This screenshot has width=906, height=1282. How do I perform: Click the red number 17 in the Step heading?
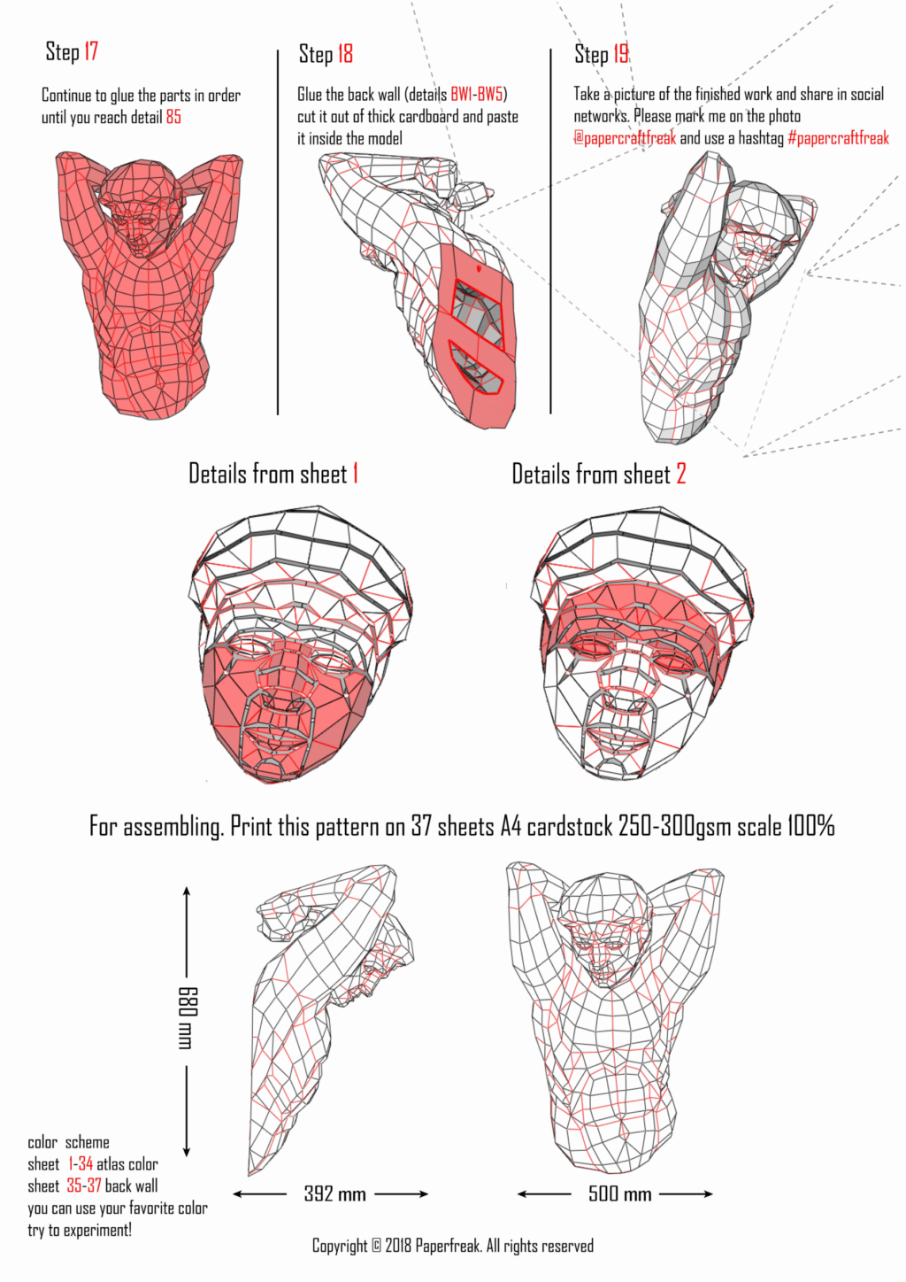(x=91, y=51)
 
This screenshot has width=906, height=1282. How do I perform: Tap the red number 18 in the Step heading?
(x=345, y=54)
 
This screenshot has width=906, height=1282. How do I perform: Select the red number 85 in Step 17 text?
(x=173, y=117)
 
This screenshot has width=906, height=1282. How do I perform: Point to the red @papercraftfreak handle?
(x=625, y=137)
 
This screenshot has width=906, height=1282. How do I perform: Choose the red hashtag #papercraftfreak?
(x=838, y=138)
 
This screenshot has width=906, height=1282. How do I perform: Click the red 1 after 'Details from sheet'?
(x=355, y=474)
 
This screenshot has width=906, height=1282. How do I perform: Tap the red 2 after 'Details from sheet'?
(x=680, y=474)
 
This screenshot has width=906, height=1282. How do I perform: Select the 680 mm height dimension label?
(x=188, y=1017)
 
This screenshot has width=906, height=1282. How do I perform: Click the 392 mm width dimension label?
(x=334, y=1193)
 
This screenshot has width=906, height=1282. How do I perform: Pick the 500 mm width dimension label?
(x=619, y=1193)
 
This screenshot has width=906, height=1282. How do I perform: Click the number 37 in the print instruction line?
(x=421, y=826)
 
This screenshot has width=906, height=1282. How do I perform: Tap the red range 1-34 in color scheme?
(x=81, y=1163)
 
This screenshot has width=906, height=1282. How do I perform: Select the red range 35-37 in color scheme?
(x=84, y=1185)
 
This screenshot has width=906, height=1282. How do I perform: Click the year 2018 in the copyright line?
(x=398, y=1246)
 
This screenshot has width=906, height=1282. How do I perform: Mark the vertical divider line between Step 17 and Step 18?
(x=278, y=232)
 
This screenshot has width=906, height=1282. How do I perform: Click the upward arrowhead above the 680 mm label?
(x=187, y=892)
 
